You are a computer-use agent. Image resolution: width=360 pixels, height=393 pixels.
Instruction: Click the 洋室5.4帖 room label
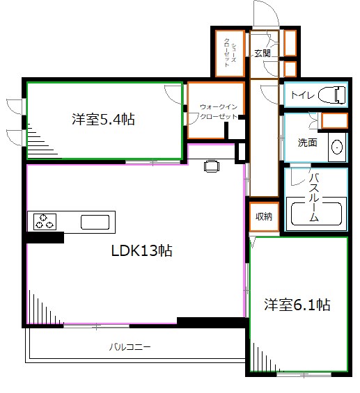[x=103, y=120]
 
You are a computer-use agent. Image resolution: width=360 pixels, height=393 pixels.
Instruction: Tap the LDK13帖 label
[x=141, y=251]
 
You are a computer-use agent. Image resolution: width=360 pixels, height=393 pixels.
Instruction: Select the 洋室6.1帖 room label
[x=297, y=305]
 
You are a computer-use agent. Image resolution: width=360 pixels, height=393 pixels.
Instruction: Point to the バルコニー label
[x=130, y=346]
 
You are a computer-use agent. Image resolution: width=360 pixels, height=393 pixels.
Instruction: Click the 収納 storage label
[x=263, y=216]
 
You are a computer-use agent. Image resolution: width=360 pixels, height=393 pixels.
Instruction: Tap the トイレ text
[x=302, y=95]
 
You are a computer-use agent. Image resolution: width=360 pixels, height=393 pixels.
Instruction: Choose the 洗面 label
[x=307, y=143]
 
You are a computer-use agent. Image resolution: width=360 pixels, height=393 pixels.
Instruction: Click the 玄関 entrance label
[x=262, y=53]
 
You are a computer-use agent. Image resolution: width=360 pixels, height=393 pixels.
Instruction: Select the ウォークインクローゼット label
[x=218, y=111]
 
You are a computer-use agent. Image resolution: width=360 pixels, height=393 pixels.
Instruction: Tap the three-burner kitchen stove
[x=45, y=222]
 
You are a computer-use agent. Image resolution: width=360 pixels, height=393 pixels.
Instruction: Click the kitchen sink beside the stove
[x=95, y=223]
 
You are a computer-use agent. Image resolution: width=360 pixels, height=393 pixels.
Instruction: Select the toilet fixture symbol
[x=334, y=94]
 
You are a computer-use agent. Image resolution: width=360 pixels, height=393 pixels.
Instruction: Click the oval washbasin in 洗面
[x=337, y=147]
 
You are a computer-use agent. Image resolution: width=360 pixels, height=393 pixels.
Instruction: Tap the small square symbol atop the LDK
[x=211, y=166]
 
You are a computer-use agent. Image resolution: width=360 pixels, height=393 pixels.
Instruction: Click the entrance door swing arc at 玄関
[x=265, y=13]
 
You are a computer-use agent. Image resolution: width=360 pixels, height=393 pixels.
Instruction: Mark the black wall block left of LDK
[x=43, y=238]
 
